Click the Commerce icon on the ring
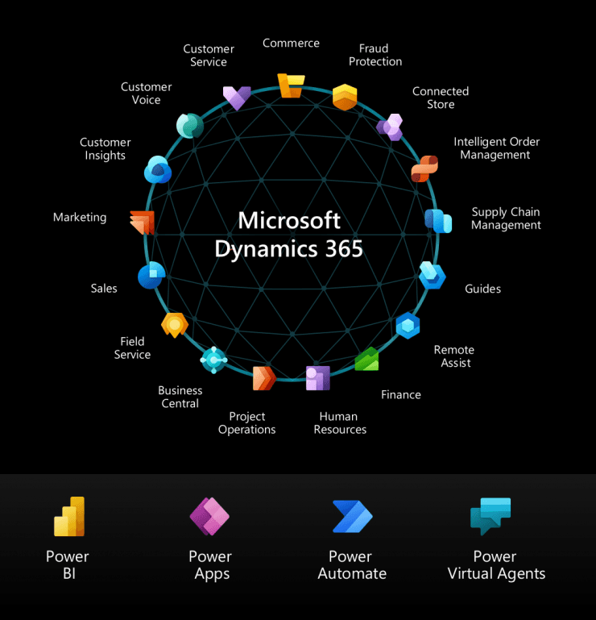click(291, 85)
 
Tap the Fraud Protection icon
click(345, 97)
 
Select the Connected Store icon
click(390, 127)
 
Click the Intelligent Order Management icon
click(424, 169)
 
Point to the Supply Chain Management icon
click(438, 220)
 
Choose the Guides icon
click(433, 276)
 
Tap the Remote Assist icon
click(408, 325)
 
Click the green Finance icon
click(367, 359)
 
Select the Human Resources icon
click(317, 377)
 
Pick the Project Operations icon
click(264, 377)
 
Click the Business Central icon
click(213, 360)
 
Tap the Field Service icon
click(175, 324)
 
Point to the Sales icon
click(151, 276)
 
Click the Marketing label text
click(80, 217)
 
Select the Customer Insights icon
click(158, 170)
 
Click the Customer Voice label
click(146, 94)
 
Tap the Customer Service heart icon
click(237, 98)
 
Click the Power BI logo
click(69, 517)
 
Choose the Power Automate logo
click(352, 517)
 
